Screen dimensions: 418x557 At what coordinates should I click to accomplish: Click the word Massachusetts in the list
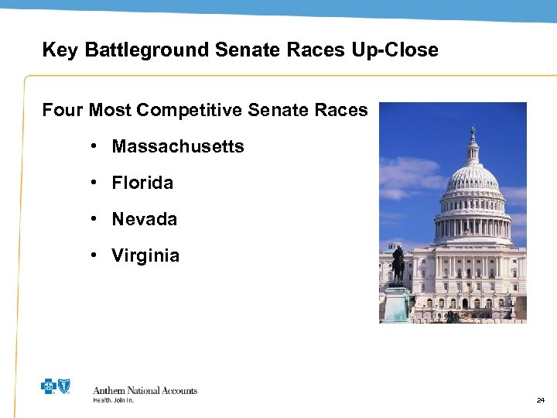click(x=178, y=146)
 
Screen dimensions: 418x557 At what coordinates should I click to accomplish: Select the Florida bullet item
click(x=142, y=183)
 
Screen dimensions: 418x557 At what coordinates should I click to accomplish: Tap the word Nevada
click(x=145, y=219)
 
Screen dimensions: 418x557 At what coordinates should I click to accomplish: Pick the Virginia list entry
click(x=145, y=255)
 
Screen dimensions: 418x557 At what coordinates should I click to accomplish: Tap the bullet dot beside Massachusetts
click(x=92, y=146)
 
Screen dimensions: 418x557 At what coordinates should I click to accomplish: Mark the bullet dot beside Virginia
click(x=92, y=255)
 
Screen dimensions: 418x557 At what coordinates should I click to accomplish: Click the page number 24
click(x=540, y=400)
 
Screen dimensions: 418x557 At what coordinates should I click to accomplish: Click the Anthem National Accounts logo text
click(x=145, y=390)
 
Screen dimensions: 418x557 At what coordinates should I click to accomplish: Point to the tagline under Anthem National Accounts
click(x=114, y=400)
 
